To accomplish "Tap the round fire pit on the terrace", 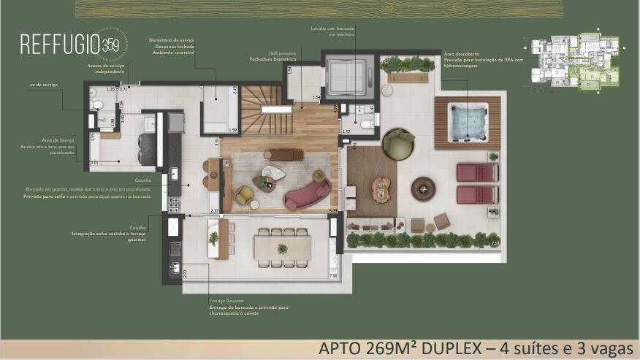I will coord(423,188).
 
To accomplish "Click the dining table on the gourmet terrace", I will coord(282,247).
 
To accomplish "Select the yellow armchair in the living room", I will coord(245,194).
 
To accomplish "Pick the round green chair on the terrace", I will coord(398,143).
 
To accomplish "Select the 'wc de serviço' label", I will coord(45,85).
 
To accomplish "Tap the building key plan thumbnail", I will coord(574,61).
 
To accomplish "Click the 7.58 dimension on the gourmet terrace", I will coord(333,276).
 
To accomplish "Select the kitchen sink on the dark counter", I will coord(174,173).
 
